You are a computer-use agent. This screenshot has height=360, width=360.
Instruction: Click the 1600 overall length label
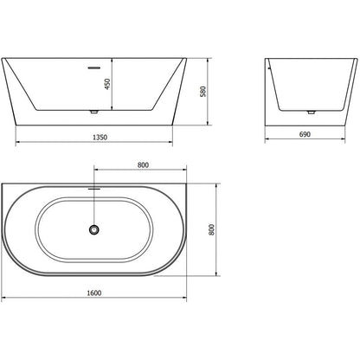point(94,292)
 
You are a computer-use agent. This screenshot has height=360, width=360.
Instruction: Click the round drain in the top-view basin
point(94,229)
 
